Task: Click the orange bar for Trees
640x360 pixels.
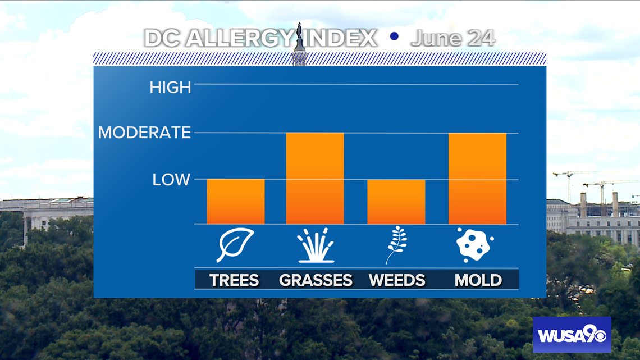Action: coord(236,201)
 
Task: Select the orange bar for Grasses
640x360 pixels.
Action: coord(315,178)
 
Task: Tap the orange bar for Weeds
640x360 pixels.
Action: coord(396,202)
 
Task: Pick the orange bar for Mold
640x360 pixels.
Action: coord(478,179)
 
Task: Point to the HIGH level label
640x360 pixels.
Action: coord(170,88)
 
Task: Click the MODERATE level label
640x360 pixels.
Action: coord(144,132)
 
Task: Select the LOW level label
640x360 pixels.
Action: coord(171,180)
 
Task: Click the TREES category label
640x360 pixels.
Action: coord(234,280)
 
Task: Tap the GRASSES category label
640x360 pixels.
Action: coord(316,280)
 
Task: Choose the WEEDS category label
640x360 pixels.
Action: coord(397,280)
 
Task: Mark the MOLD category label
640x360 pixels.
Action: coord(478,280)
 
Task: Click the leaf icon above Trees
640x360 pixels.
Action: coord(235,245)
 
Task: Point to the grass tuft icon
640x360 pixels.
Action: coord(316,245)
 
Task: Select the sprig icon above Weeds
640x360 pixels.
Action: coord(396,245)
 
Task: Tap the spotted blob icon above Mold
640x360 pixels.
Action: coord(475,245)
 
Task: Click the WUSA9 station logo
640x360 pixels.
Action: coord(572,335)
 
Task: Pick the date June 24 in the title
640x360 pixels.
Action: coord(453,38)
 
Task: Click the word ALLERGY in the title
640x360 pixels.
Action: coord(241,38)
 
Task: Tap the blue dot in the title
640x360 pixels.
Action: coord(394,37)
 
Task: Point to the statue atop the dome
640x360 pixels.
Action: coord(299,36)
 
